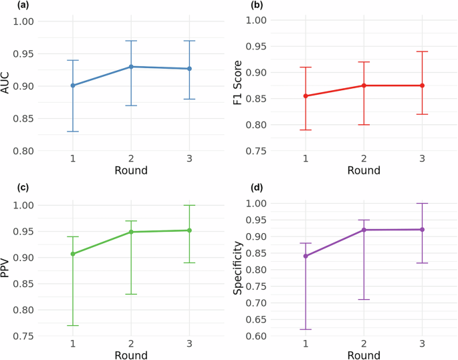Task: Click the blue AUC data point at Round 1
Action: pos(73,85)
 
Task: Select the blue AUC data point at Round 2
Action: pos(131,67)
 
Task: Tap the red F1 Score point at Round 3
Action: pos(423,85)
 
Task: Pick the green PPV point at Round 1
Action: pos(73,254)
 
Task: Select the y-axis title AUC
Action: pos(7,86)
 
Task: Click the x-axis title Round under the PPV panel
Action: pos(130,355)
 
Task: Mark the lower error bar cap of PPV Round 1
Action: pos(73,325)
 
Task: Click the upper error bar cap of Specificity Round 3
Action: pos(423,203)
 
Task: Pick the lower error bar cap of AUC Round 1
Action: pos(73,132)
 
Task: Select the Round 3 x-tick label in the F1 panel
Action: pos(423,159)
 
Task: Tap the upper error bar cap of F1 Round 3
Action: pos(423,51)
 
